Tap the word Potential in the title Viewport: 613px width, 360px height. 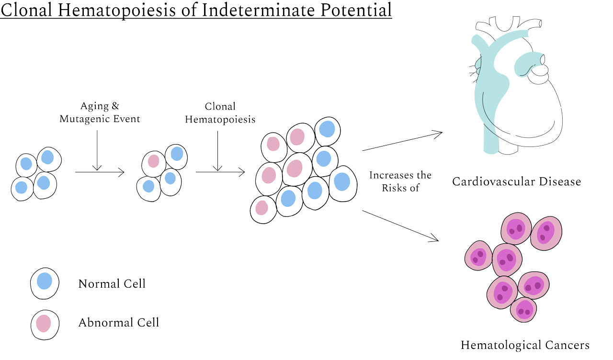pyautogui.click(x=356, y=10)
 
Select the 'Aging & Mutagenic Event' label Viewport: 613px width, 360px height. pyautogui.click(x=100, y=112)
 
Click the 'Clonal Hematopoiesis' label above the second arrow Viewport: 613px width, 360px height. pyautogui.click(x=220, y=113)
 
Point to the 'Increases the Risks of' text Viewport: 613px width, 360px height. pyautogui.click(x=400, y=181)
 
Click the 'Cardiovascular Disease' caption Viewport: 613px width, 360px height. pyautogui.click(x=516, y=181)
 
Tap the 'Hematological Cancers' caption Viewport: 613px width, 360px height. pyautogui.click(x=525, y=345)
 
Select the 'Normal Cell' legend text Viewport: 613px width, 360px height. pyautogui.click(x=112, y=284)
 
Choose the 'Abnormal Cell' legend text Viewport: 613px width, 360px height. pyautogui.click(x=118, y=323)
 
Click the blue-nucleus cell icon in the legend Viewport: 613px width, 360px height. pyautogui.click(x=45, y=283)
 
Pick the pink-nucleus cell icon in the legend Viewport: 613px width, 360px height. pyautogui.click(x=45, y=325)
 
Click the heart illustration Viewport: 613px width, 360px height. pyautogui.click(x=516, y=85)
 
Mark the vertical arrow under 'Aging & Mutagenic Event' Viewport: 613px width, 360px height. pyautogui.click(x=97, y=150)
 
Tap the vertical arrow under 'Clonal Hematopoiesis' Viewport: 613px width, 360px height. pyautogui.click(x=217, y=151)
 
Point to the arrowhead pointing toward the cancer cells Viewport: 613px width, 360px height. pyautogui.click(x=434, y=238)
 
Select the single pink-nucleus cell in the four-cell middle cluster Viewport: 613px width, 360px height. pyautogui.click(x=154, y=164)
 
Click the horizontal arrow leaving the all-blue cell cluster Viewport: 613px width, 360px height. pyautogui.click(x=100, y=172)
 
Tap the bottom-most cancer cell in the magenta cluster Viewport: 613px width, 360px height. pyautogui.click(x=523, y=310)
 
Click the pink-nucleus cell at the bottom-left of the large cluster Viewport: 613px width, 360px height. pyautogui.click(x=263, y=210)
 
